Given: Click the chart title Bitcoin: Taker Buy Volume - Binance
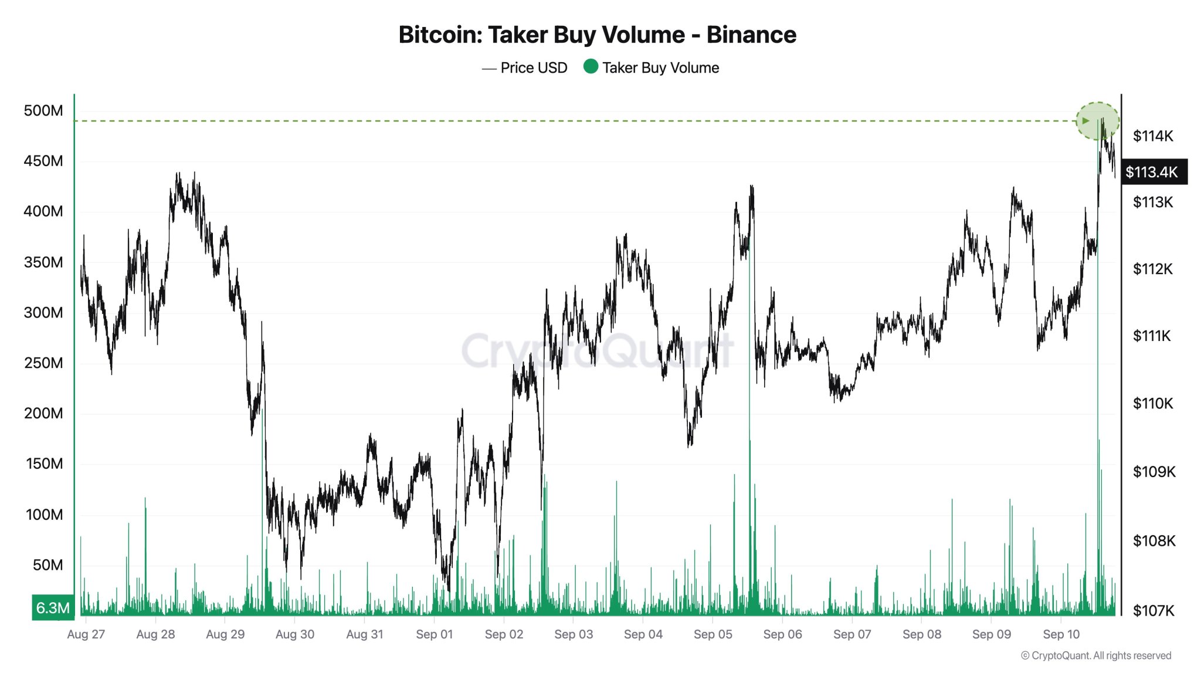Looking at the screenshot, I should click(x=597, y=35).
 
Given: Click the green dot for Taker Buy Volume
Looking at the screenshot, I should click(x=591, y=67).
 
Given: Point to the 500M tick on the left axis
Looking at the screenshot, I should click(x=43, y=110).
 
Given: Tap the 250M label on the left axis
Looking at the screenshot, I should click(x=43, y=363).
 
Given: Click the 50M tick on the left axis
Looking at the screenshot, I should click(x=48, y=565).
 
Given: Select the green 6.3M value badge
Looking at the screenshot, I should click(x=53, y=608).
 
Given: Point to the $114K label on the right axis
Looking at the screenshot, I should click(x=1153, y=136).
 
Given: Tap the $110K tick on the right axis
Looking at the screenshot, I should click(x=1153, y=404).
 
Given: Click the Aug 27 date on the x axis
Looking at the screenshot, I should click(x=86, y=634).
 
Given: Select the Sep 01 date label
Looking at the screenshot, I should click(x=434, y=634).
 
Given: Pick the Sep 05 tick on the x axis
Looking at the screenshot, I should click(x=713, y=634).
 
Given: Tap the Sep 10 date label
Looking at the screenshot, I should click(x=1061, y=634).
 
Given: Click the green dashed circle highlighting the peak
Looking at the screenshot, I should click(x=1097, y=121).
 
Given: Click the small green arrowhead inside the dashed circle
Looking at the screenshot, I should click(x=1085, y=121).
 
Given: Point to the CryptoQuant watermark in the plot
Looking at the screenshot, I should click(x=597, y=351).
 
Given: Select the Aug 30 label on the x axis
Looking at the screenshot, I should click(x=294, y=634).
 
